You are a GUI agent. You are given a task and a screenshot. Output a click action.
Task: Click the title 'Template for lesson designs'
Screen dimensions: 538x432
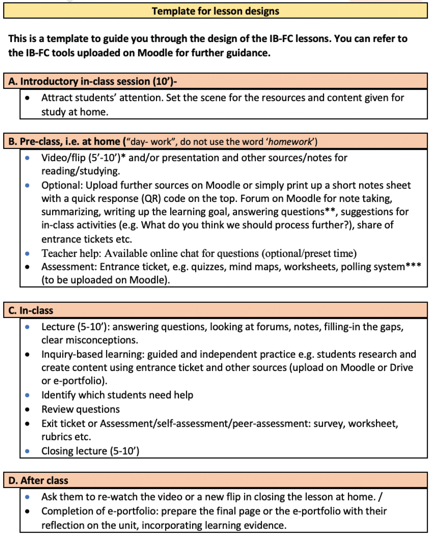[x=215, y=11]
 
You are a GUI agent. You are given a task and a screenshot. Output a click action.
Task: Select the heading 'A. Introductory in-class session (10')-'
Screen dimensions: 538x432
[x=93, y=81]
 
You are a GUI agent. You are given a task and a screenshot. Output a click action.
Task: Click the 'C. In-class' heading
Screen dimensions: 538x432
[x=31, y=310]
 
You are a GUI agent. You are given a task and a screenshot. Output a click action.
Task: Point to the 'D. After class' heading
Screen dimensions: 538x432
[x=38, y=480]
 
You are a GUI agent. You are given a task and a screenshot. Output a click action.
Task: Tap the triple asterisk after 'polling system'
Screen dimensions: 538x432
[x=413, y=265]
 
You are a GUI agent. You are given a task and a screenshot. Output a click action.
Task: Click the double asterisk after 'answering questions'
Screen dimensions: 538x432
[x=330, y=210]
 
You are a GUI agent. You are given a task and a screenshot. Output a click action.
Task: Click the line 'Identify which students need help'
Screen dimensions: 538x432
[x=117, y=395]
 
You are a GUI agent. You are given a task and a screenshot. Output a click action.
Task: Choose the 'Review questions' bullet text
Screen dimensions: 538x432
[x=80, y=409]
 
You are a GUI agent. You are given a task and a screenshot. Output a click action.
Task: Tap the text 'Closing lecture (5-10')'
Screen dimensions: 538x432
[x=90, y=451]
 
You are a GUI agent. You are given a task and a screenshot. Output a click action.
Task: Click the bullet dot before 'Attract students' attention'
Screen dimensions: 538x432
[x=27, y=98]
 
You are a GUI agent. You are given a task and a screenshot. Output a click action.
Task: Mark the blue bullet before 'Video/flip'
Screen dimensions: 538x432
[x=27, y=158]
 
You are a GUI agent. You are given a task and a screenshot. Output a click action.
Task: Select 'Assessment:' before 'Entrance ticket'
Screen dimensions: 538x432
[x=69, y=267]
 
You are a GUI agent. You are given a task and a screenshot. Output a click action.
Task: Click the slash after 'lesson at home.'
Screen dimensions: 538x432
[x=380, y=497]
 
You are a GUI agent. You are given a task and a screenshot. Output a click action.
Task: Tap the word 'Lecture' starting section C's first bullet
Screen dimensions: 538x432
[x=58, y=327]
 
